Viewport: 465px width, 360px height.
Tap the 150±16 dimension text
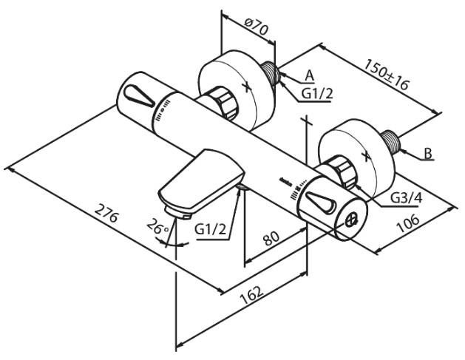(x=386, y=75)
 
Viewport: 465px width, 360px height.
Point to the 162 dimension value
(x=252, y=296)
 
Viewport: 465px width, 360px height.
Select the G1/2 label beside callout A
(x=316, y=94)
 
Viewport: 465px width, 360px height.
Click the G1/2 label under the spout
(x=211, y=229)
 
